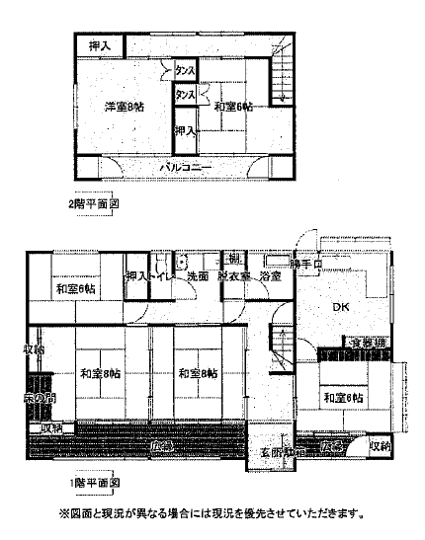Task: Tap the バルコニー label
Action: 187,168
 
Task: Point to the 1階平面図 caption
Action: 94,484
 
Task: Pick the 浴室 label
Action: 270,277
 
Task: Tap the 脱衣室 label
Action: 234,277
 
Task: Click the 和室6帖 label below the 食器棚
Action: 341,397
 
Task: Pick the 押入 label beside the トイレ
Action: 136,277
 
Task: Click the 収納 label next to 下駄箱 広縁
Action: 380,446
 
